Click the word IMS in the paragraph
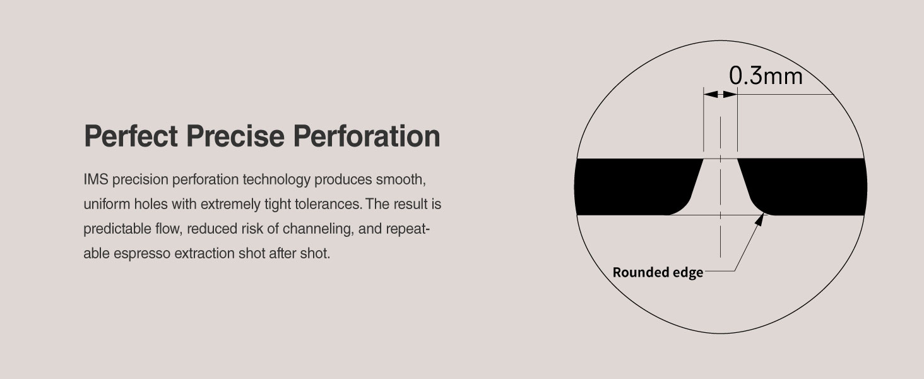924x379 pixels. (94, 179)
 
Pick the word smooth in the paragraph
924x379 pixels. (403, 179)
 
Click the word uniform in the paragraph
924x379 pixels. (103, 205)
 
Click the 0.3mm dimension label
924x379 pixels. (766, 76)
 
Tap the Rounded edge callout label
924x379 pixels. (658, 273)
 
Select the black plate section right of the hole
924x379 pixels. (808, 186)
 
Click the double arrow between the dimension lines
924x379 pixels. (720, 94)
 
